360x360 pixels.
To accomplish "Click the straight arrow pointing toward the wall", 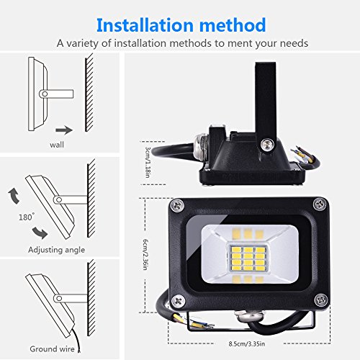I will [x=65, y=130].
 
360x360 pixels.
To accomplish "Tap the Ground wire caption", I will [x=52, y=349].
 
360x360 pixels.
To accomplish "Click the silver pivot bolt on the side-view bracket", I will [x=266, y=145].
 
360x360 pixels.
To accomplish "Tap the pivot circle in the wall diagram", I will [x=45, y=94].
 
